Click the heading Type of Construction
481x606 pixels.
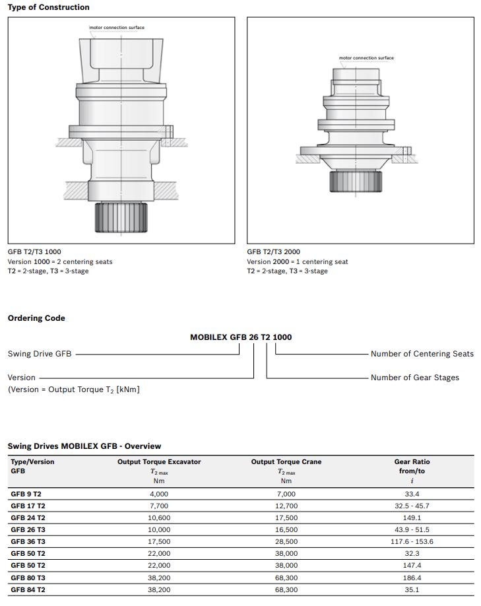(48, 7)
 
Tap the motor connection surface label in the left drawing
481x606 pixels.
(117, 28)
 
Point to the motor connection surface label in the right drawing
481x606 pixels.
(366, 58)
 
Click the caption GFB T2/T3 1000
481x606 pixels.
(34, 252)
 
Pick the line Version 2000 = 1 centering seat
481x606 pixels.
(297, 261)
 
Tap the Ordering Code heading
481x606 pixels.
(36, 318)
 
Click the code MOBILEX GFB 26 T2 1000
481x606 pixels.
(241, 337)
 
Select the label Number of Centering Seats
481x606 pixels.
(422, 354)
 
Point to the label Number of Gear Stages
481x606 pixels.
(414, 378)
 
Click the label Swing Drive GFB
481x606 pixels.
(40, 354)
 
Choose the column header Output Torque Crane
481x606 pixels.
(286, 462)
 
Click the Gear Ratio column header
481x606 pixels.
(412, 462)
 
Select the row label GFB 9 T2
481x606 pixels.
(26, 494)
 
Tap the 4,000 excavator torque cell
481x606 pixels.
(159, 494)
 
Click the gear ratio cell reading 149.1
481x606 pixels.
(412, 518)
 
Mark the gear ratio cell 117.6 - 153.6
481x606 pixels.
(412, 541)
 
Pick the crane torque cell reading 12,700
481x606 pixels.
(286, 506)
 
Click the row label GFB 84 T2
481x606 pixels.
(28, 589)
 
